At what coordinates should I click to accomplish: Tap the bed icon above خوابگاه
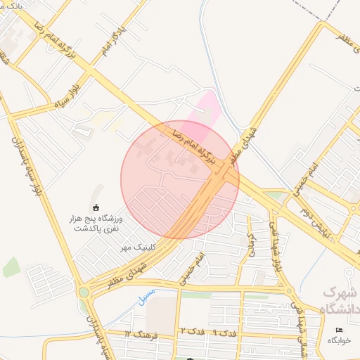(x=340, y=330)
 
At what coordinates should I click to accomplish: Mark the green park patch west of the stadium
(x=11, y=267)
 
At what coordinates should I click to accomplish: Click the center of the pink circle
(x=180, y=179)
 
